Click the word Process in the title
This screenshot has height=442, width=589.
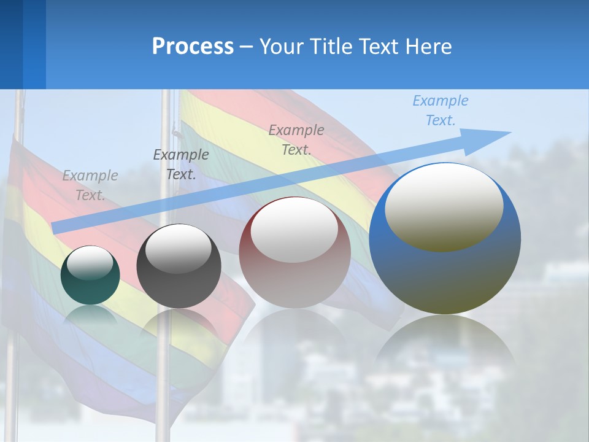click(193, 47)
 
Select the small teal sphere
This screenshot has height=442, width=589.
click(90, 276)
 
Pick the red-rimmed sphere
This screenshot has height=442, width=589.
click(294, 253)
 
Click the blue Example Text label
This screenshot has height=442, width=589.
click(441, 110)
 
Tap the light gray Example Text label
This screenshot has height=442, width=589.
click(90, 185)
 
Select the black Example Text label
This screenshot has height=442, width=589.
click(180, 165)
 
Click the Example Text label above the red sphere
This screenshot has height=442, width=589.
click(296, 139)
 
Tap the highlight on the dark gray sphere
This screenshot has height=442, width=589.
click(179, 248)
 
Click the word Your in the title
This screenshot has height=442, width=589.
click(283, 47)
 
